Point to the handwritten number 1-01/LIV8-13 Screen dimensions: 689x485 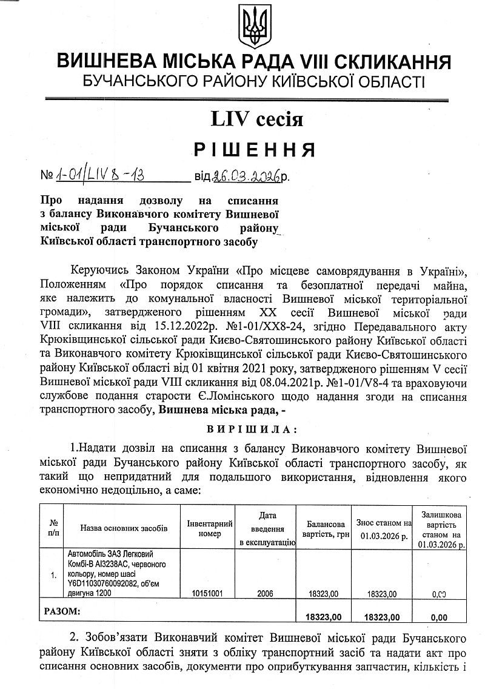click(101, 176)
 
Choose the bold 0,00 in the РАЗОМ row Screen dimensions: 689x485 click(438, 617)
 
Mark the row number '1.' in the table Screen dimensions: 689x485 click(55, 574)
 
